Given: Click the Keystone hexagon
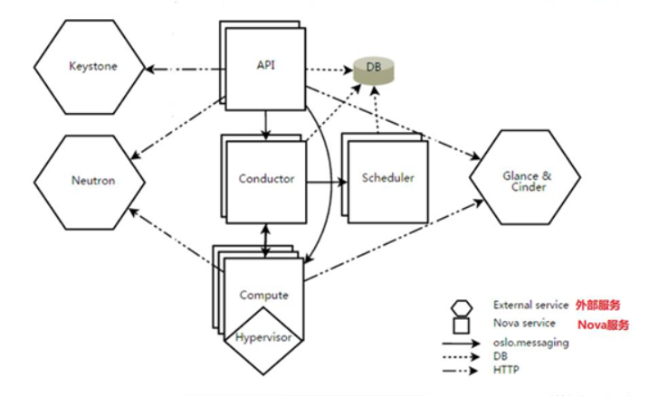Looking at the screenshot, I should [90, 67].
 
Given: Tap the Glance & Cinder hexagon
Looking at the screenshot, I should [525, 179].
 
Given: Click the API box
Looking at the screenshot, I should [265, 64].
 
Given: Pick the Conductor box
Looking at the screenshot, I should [266, 179].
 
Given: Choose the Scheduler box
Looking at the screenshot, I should [387, 178].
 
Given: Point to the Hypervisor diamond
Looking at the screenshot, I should [266, 337].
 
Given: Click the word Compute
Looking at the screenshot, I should [264, 295].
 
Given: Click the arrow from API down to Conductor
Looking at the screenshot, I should [264, 123].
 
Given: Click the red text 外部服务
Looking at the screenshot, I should [597, 306].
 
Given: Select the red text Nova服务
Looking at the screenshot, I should [603, 324].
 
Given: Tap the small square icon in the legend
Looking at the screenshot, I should [462, 324].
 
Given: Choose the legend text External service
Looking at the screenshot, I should [530, 306].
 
